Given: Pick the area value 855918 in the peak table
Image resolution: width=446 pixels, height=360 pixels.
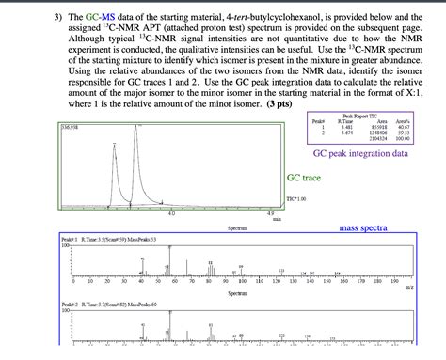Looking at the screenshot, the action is point(379,126).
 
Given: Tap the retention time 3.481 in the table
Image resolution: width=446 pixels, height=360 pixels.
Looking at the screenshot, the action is point(344,126).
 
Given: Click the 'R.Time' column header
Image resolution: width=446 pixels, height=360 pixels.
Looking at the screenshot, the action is point(344,120).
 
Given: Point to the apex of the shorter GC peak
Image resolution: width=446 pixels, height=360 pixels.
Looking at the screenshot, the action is point(115,145).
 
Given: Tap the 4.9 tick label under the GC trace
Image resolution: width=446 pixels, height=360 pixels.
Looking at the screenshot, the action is point(271,213).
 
